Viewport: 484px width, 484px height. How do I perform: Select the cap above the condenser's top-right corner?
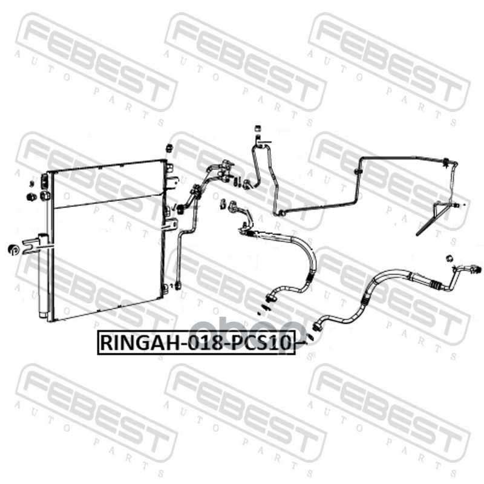point(169,147)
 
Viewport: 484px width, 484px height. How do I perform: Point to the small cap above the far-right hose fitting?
point(449,258)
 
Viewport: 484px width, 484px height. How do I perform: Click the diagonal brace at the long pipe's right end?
point(432,218)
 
